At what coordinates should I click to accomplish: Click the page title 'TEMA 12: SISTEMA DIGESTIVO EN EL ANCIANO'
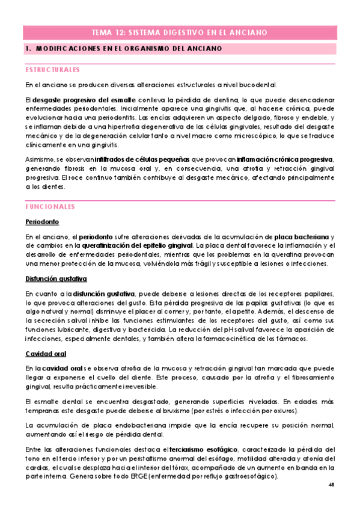180,32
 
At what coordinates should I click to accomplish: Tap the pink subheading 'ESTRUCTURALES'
52,69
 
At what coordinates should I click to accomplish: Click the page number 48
332,485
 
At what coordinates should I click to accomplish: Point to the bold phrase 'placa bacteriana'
296,236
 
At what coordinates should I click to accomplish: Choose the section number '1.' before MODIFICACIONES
28,48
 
